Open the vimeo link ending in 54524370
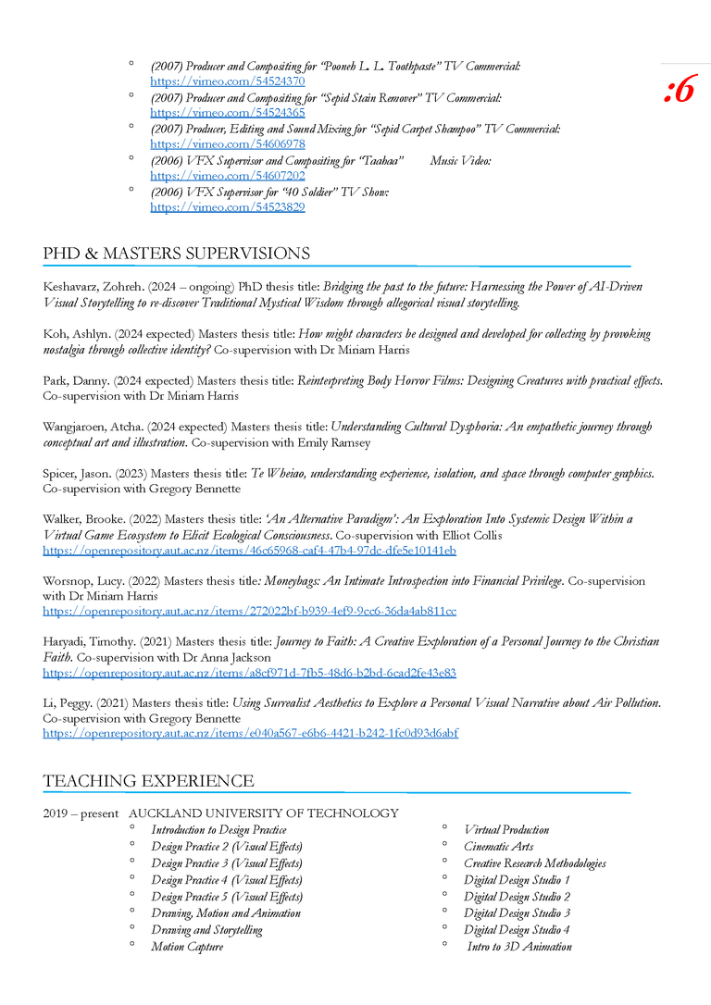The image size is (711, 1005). click(228, 81)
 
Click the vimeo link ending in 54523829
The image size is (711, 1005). click(228, 206)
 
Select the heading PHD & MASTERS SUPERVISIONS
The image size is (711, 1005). click(176, 254)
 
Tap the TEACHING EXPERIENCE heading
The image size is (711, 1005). click(148, 781)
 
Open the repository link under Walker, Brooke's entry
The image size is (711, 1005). click(250, 551)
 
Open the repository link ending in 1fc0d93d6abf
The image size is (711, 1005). click(250, 733)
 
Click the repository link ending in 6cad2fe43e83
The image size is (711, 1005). click(250, 673)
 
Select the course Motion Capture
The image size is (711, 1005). click(187, 946)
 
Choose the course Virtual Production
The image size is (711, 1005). click(506, 830)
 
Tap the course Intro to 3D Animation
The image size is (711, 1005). click(519, 946)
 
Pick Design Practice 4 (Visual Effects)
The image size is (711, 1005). click(227, 880)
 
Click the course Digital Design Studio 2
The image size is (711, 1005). click(517, 897)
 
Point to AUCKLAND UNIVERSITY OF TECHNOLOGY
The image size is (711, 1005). click(264, 813)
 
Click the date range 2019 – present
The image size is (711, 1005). click(81, 813)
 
